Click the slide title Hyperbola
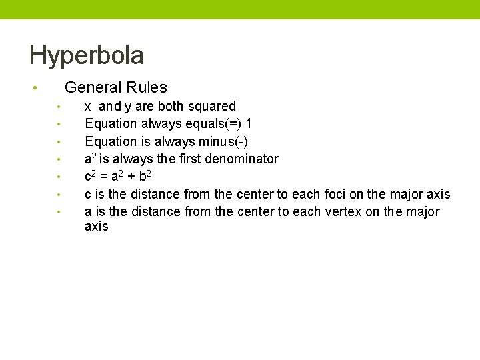click(x=87, y=55)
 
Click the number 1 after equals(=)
click(x=249, y=123)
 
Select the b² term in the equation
click(x=145, y=176)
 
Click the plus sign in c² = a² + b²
click(x=130, y=177)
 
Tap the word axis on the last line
click(x=96, y=227)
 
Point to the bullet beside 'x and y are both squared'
click(x=59, y=107)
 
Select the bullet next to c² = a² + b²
click(x=59, y=177)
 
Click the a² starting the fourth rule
click(x=90, y=159)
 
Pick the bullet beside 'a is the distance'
click(x=59, y=212)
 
